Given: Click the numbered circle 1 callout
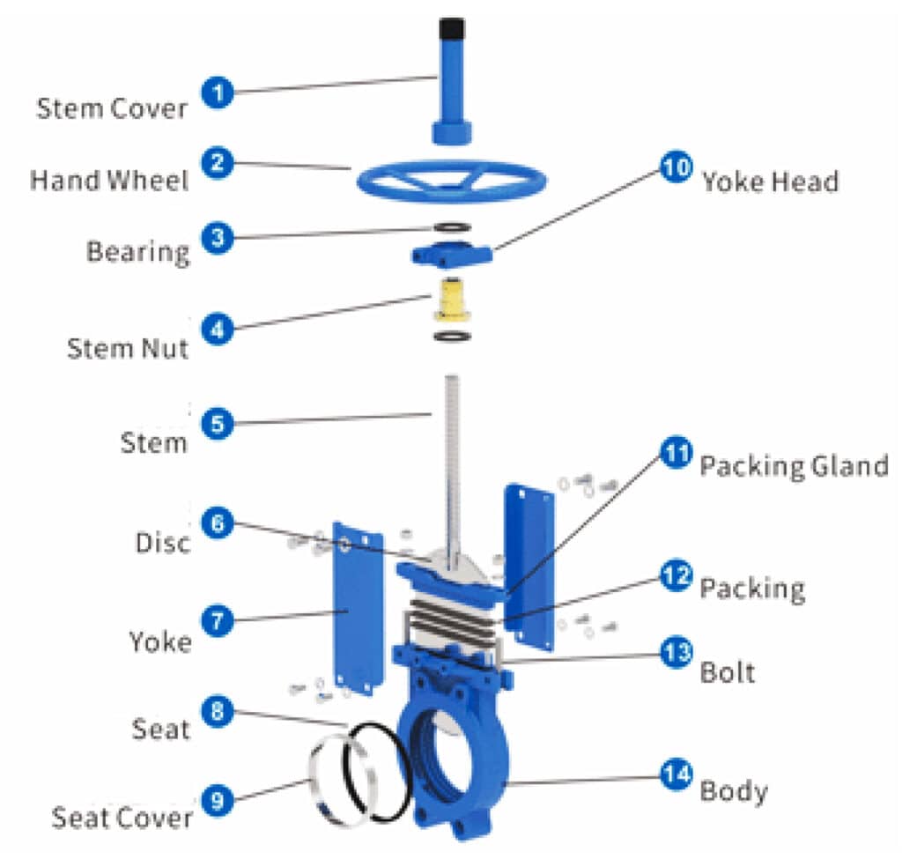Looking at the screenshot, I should pyautogui.click(x=216, y=93).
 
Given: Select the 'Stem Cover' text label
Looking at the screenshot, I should pyautogui.click(x=112, y=109).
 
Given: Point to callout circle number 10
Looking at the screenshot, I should pyautogui.click(x=676, y=167).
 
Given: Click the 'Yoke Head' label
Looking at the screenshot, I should pyautogui.click(x=770, y=181).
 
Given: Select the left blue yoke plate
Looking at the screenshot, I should pyautogui.click(x=358, y=608).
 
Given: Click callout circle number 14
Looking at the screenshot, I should pyautogui.click(x=676, y=775).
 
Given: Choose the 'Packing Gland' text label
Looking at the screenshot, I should pyautogui.click(x=794, y=465).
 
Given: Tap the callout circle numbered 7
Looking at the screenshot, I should pyautogui.click(x=216, y=621).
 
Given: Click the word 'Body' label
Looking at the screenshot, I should pyautogui.click(x=733, y=790).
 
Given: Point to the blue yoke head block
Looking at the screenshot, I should pyautogui.click(x=450, y=256).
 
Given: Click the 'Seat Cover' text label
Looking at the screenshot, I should pyautogui.click(x=122, y=817).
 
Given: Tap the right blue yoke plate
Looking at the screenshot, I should pyautogui.click(x=528, y=564).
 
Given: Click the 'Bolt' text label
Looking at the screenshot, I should pyautogui.click(x=727, y=672).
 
